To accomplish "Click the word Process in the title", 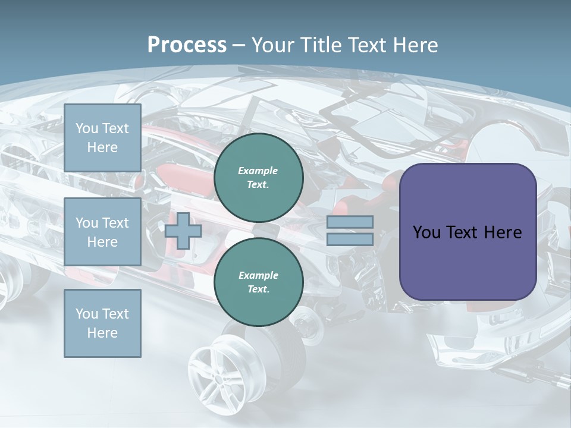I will pos(187,45).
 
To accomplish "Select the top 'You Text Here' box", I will pos(102,138).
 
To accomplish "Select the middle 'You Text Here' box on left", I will pos(102,232).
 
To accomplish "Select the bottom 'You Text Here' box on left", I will pos(102,323).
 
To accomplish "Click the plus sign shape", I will pos(183,231).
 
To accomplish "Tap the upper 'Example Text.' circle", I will pos(259,178).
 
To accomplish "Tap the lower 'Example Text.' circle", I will pos(259,282).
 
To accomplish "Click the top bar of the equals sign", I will pos(350,222).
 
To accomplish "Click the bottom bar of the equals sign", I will pos(350,239).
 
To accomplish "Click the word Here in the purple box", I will pos(503,232).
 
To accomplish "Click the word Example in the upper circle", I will pos(258,171).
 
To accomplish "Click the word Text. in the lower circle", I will pos(258,289).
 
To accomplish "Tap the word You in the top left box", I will pos(87,128).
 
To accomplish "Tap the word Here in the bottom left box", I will pos(102,333).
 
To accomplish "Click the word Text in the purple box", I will pos(466,232).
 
